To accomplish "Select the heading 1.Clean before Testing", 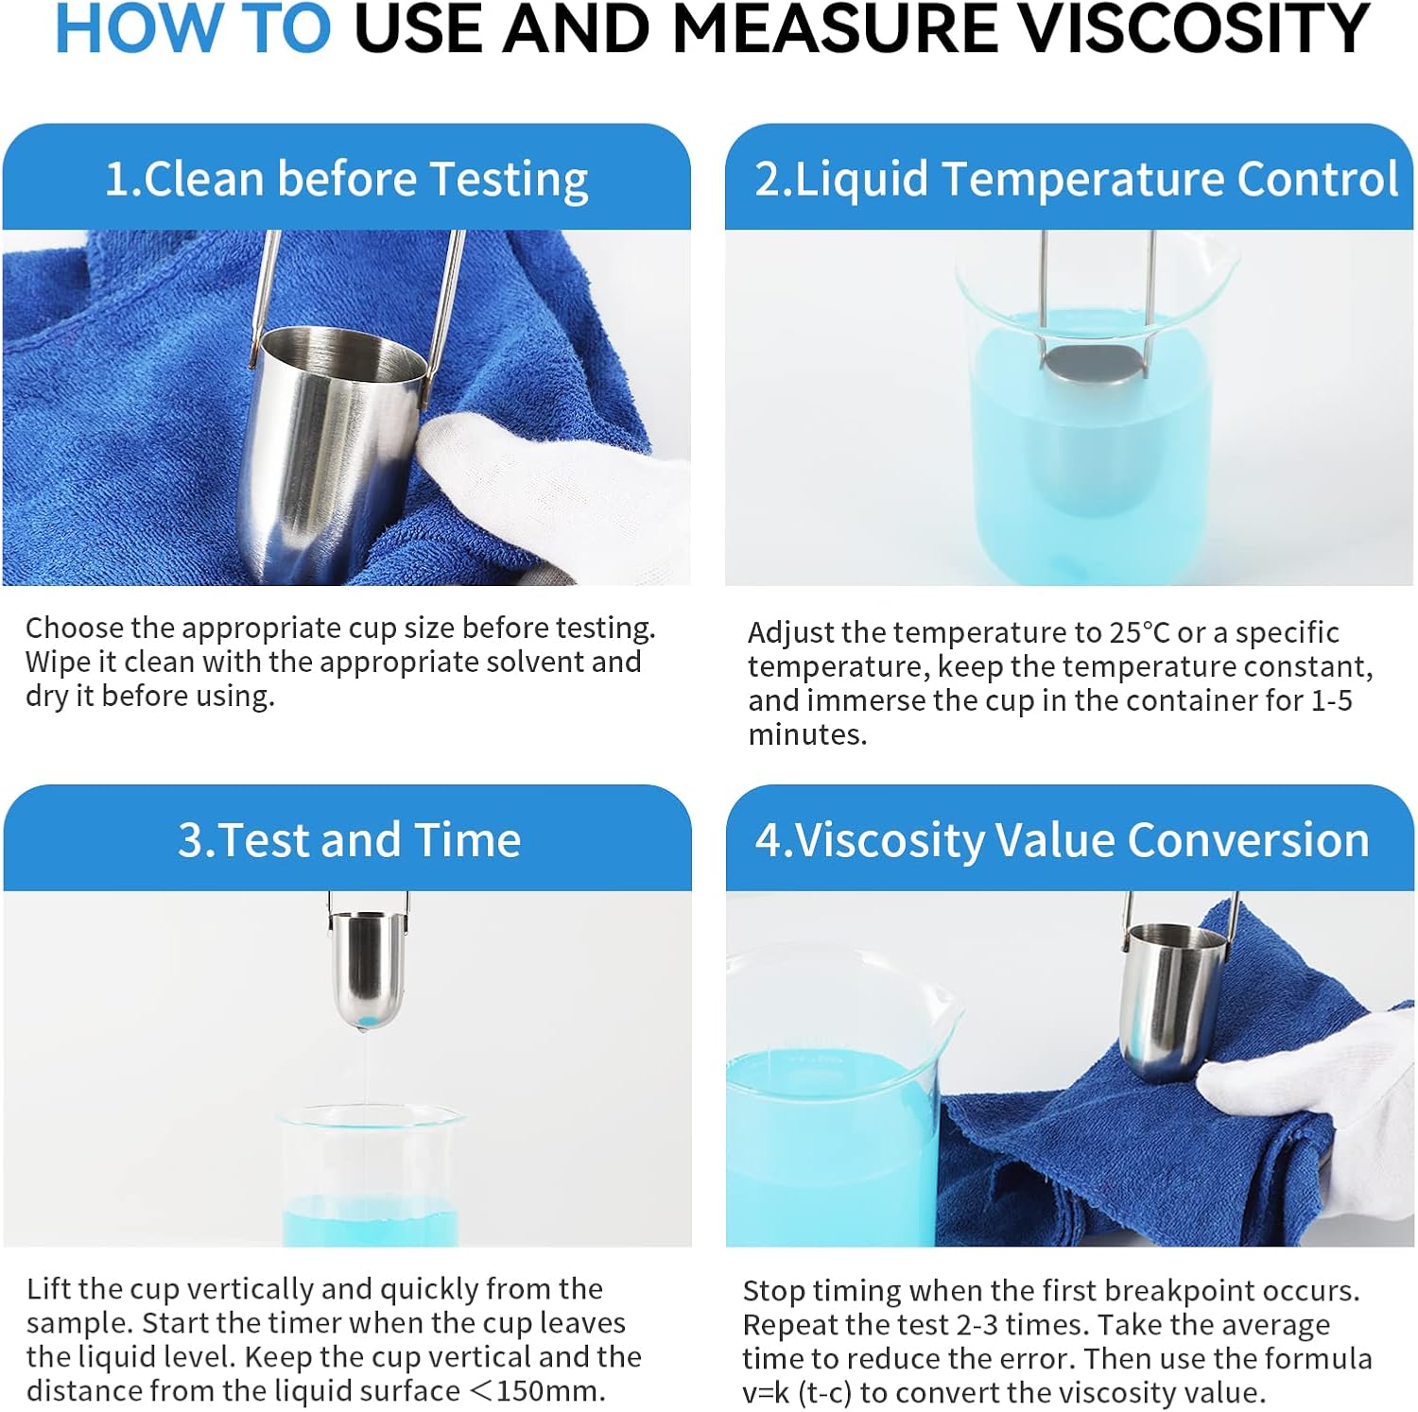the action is pos(346,180).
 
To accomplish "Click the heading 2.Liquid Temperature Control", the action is pos(1076,179).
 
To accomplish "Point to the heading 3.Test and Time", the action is pos(349,839).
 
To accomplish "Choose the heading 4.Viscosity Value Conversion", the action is pos(1062,839).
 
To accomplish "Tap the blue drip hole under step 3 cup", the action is pos(369,1022).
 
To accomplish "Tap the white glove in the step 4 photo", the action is pos(1314,1106).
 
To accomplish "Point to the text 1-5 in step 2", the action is pos(1331,700).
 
